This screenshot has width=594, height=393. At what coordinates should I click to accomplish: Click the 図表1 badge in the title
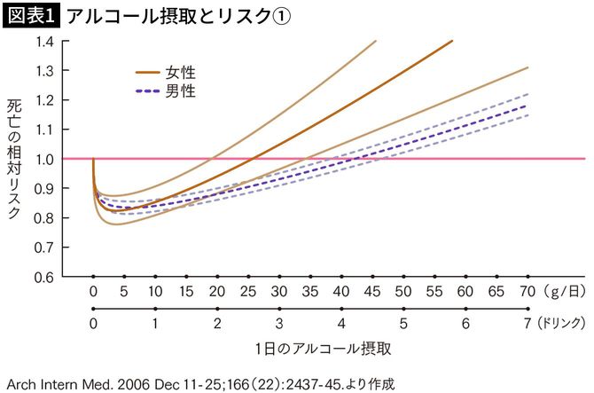tap(30, 17)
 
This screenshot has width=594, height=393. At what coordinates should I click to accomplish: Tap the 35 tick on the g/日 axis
tap(310, 292)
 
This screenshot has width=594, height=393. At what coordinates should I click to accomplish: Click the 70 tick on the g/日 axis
tap(527, 292)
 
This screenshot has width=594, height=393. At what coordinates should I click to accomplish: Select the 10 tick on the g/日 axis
tap(155, 292)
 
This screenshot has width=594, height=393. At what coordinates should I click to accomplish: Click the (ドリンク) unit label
tap(562, 324)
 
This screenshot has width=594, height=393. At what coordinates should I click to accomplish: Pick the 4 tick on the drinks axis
tap(341, 324)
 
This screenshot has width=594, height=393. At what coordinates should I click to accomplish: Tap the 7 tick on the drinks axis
tap(527, 324)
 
